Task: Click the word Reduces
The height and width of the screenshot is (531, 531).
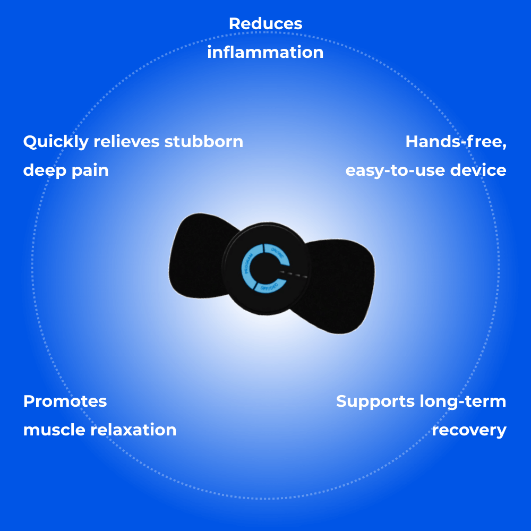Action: pos(265,24)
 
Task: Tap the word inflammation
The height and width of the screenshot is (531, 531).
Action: pos(265,53)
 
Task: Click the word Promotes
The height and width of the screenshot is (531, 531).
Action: pos(65,401)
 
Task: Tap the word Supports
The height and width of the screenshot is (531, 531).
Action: pos(375,401)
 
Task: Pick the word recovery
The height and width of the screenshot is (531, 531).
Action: pos(469,430)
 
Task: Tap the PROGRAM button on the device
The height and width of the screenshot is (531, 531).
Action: pos(248,264)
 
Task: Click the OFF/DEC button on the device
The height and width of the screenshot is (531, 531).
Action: pos(268,287)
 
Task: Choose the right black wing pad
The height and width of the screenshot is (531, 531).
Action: pos(342,287)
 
